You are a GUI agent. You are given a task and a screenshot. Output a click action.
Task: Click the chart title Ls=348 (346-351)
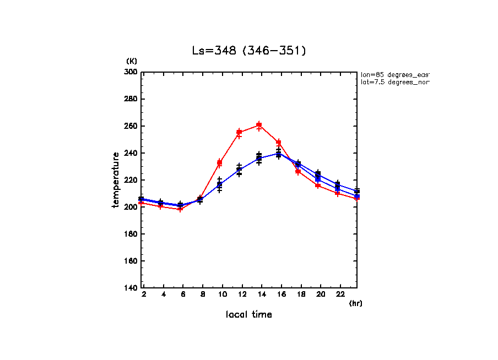click(248, 51)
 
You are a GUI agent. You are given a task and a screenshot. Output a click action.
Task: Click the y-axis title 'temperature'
click(116, 180)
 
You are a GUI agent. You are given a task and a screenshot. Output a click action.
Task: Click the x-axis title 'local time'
click(248, 314)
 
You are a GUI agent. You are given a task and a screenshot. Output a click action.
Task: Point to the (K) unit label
click(132, 61)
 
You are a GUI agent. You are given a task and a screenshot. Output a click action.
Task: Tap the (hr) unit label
click(356, 303)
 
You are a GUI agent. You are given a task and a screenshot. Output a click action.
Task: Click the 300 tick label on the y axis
click(131, 72)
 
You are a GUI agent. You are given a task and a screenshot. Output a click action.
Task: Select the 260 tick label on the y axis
click(131, 126)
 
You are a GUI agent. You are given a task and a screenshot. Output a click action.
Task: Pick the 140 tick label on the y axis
click(131, 288)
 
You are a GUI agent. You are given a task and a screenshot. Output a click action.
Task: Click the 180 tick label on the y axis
click(131, 234)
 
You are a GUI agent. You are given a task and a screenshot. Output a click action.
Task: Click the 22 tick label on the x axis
click(340, 295)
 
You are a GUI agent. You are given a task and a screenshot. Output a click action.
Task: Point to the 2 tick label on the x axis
click(144, 295)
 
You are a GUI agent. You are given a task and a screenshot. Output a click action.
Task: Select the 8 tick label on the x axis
click(203, 295)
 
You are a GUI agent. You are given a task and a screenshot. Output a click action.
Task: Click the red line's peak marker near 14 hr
click(259, 125)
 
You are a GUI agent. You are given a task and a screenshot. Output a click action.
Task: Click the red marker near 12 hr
click(239, 132)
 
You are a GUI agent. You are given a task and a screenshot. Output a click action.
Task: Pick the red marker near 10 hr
click(219, 162)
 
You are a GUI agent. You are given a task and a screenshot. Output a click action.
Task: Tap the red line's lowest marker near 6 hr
click(180, 209)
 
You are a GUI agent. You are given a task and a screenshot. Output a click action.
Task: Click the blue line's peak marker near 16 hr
click(279, 154)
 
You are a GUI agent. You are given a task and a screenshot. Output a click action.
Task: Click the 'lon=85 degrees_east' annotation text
click(393, 74)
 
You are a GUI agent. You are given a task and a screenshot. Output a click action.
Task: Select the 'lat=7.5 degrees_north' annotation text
click(393, 82)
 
